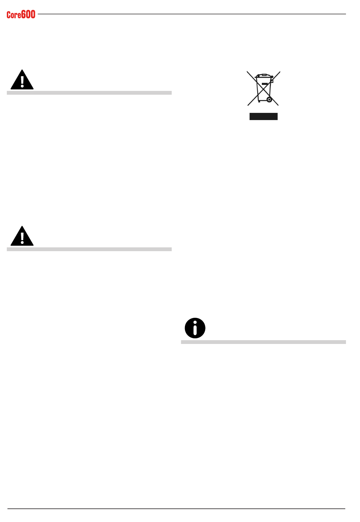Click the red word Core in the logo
coord(14,15)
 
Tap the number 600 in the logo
coord(28,14)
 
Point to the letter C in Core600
coord(9,15)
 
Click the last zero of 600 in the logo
coord(33,14)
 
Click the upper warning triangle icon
coord(22,80)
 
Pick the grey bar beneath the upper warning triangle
coord(89,93)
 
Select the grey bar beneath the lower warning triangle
coord(89,249)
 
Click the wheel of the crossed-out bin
coord(269,100)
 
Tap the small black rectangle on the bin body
coord(265,84)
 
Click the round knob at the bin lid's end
coord(272,77)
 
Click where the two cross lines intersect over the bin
coord(263,88)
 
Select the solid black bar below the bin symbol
coord(263,117)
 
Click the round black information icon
coord(195,328)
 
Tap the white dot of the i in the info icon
coord(195,323)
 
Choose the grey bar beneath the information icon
coord(263,342)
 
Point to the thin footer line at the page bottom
coord(176,509)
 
